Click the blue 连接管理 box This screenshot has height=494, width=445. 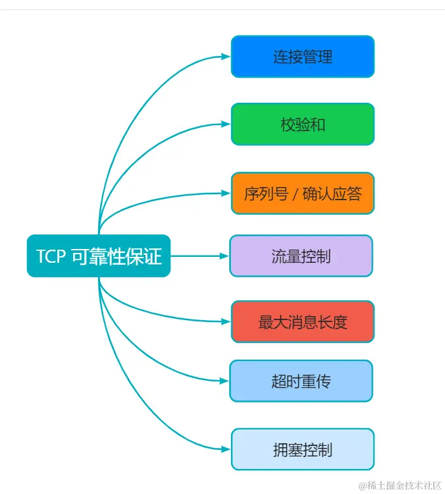coord(302,57)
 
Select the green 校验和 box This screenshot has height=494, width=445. coord(302,124)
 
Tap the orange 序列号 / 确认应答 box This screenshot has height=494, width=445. coord(302,194)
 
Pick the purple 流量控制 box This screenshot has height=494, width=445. coord(301,256)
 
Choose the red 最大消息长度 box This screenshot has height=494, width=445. coord(302,322)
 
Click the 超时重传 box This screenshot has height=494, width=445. coord(301,381)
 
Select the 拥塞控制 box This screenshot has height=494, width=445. coord(302,449)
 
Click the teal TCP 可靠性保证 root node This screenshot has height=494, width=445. coord(99,256)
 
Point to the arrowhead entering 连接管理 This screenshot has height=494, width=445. coord(226,57)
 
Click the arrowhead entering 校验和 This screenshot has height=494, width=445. coord(226,124)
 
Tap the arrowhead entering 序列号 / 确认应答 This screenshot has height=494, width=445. coord(226,194)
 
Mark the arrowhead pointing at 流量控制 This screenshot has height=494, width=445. coord(224,256)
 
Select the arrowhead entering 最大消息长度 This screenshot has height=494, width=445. coord(226,322)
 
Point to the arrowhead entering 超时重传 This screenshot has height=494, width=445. coord(224,381)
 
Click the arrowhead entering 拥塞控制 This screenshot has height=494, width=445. coord(226,449)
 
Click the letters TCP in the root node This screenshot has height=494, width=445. coord(51,256)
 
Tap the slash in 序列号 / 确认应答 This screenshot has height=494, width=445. coord(296,194)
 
